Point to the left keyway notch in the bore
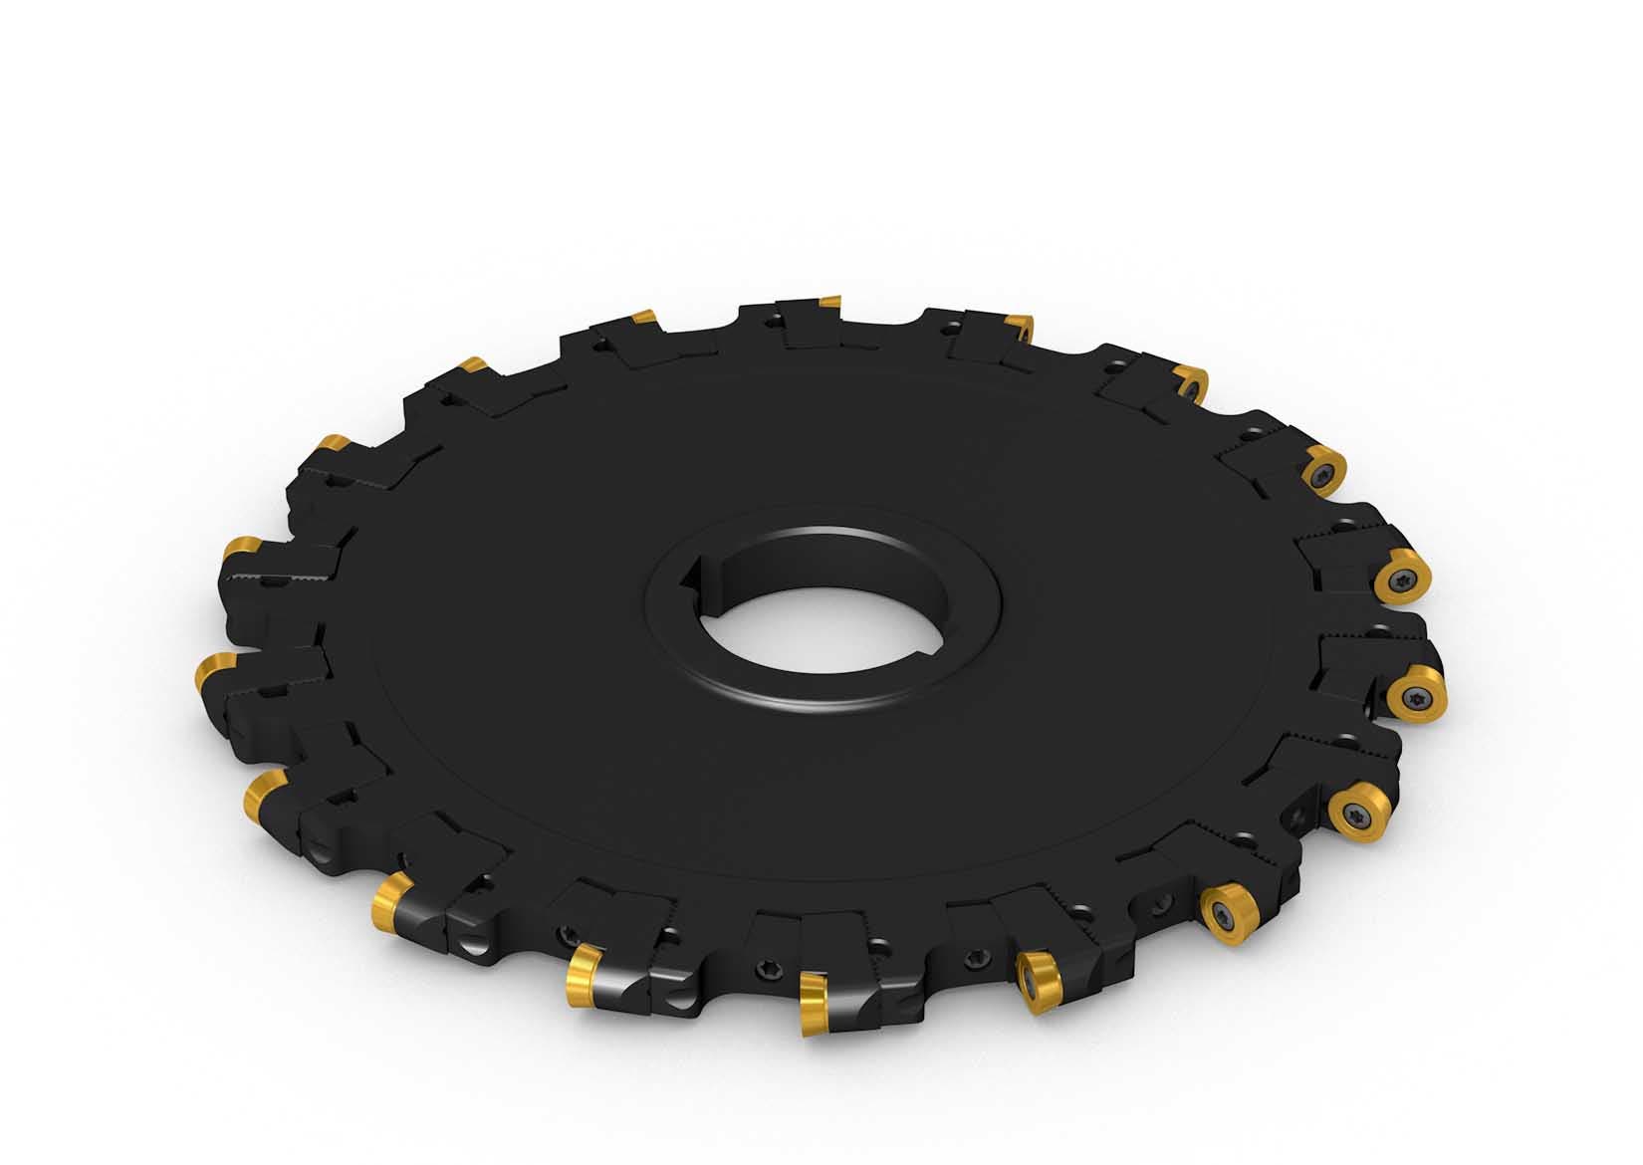(x=697, y=579)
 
